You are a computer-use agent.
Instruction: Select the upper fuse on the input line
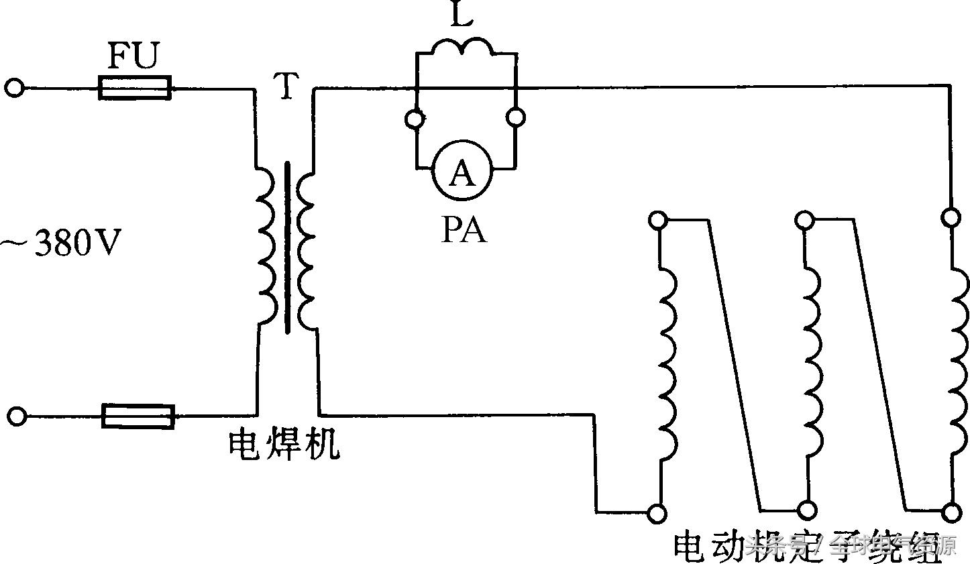click(135, 88)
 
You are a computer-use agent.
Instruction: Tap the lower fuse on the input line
click(138, 416)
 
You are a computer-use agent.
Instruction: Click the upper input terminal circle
click(15, 88)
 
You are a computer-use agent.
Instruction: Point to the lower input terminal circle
click(17, 416)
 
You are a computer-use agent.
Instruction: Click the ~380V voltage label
click(62, 244)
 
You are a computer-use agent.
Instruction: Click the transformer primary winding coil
click(264, 245)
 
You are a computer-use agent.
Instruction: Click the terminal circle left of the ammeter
click(415, 119)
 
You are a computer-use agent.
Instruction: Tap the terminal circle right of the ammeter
click(515, 119)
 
